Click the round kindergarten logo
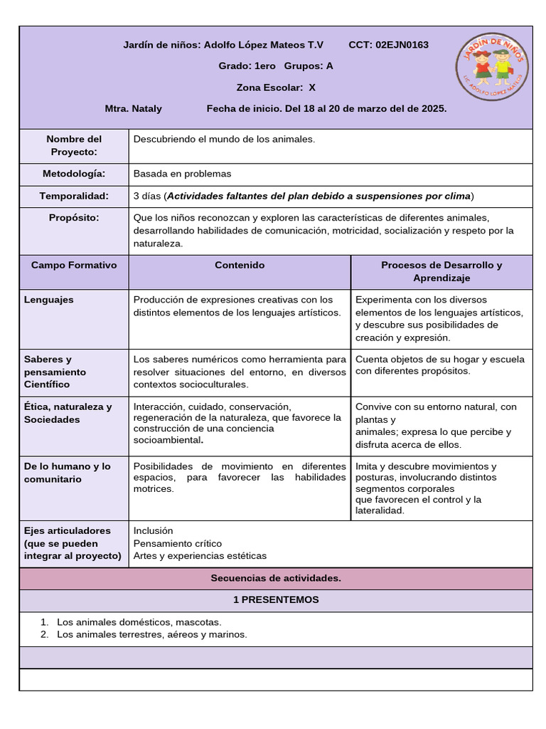coord(493,68)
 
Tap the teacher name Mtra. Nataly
coord(133,109)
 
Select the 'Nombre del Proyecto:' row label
coord(74,145)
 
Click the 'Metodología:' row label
coord(74,174)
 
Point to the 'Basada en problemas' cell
coord(182,174)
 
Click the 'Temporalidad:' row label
coord(74,196)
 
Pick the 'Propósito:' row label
coord(74,217)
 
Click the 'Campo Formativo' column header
coord(74,265)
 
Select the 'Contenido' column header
coord(240,265)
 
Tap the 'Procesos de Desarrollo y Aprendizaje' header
coord(441,271)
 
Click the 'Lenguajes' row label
coord(48,300)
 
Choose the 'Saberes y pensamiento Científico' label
coord(55,372)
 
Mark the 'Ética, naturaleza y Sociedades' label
coord(68,413)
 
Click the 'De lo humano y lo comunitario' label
coord(67,473)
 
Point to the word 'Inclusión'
coord(153,530)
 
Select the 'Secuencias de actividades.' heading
coord(276,577)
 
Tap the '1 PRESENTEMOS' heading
coord(276,599)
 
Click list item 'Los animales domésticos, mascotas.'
coord(139,622)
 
